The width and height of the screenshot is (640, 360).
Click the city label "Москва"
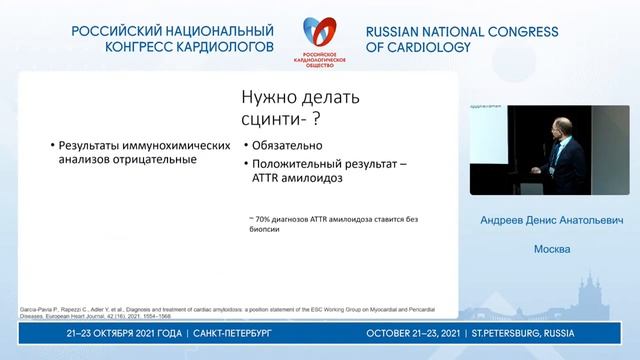pyautogui.click(x=550, y=249)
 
